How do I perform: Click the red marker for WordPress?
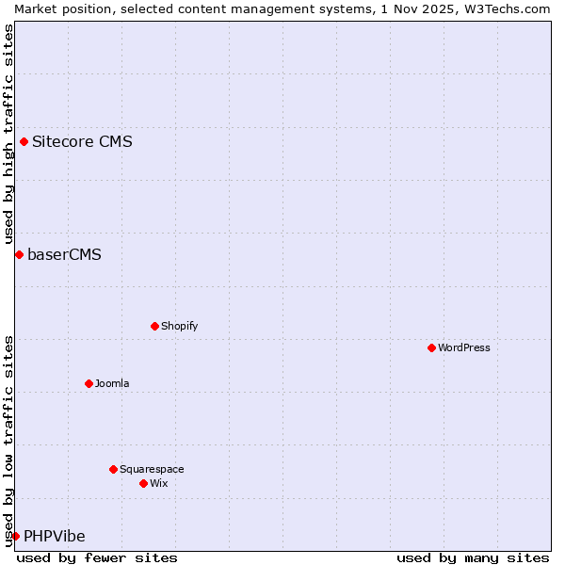pos(431,347)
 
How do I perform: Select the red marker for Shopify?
pos(154,326)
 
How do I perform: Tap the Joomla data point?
pos(89,383)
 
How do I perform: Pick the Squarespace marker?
pos(113,469)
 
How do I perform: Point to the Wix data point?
pos(143,483)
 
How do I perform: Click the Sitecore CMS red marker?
pos(24,142)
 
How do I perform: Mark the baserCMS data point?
pos(19,254)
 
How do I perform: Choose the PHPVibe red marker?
pos(15,536)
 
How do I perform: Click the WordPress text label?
pos(464,347)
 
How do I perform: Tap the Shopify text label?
pos(179,326)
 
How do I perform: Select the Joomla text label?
pos(112,383)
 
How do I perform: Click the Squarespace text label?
pos(152,469)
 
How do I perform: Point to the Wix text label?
pos(158,483)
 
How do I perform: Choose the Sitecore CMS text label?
pos(82,142)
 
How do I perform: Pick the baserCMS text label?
pos(64,254)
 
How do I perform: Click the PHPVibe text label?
pos(54,536)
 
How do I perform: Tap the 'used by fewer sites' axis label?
pos(97,557)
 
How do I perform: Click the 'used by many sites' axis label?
pos(473,557)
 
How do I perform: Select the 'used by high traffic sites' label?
pos(8,135)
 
